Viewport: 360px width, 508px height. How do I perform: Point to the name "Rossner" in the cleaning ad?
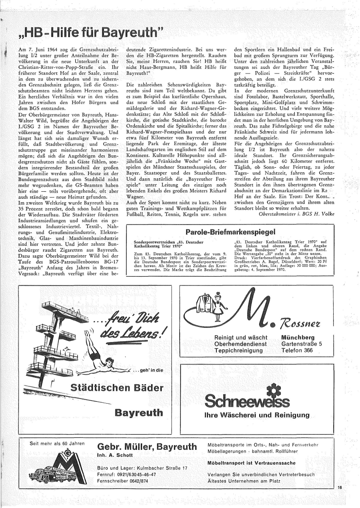(305, 321)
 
